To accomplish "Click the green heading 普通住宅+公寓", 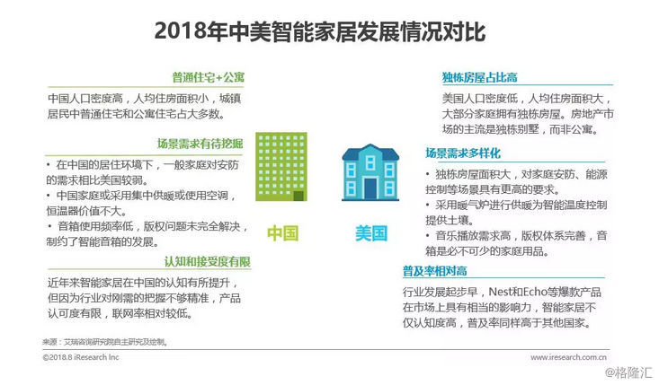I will point(209,77).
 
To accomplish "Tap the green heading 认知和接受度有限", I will point(207,261).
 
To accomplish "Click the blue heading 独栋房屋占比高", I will point(478,77).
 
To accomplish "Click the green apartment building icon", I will point(281,172).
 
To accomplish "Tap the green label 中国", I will point(282,233).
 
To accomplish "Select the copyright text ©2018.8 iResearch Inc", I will point(81,356).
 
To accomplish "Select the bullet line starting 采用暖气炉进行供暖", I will point(521,206).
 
